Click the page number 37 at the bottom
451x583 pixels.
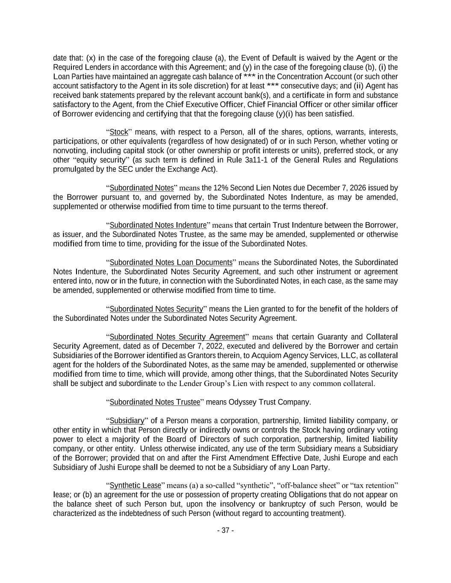tap(225, 530)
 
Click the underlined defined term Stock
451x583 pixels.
tap(119, 132)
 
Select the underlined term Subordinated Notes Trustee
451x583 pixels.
tap(155, 402)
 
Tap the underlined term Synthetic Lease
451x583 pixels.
tap(135, 486)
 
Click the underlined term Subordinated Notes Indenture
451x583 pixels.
tap(158, 225)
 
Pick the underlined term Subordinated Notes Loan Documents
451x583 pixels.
tap(171, 262)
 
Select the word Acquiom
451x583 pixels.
tap(266, 355)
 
